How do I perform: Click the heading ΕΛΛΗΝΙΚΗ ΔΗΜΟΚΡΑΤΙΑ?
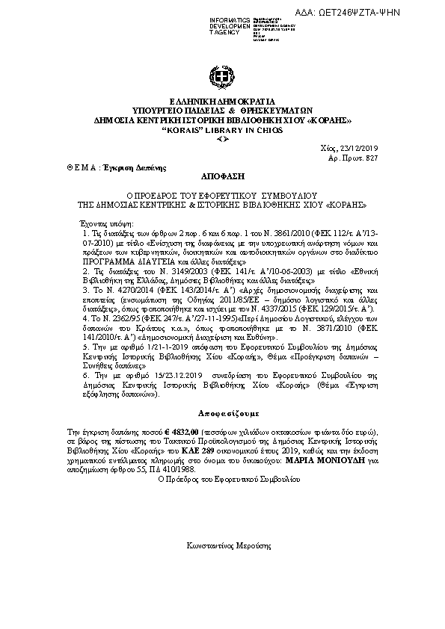[x=222, y=102]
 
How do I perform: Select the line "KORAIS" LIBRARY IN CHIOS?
[x=222, y=130]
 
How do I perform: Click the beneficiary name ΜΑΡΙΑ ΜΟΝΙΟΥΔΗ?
[x=321, y=462]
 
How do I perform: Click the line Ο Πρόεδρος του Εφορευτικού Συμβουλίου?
[x=222, y=481]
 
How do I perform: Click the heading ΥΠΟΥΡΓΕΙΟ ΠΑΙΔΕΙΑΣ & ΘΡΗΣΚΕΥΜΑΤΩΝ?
[x=222, y=111]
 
